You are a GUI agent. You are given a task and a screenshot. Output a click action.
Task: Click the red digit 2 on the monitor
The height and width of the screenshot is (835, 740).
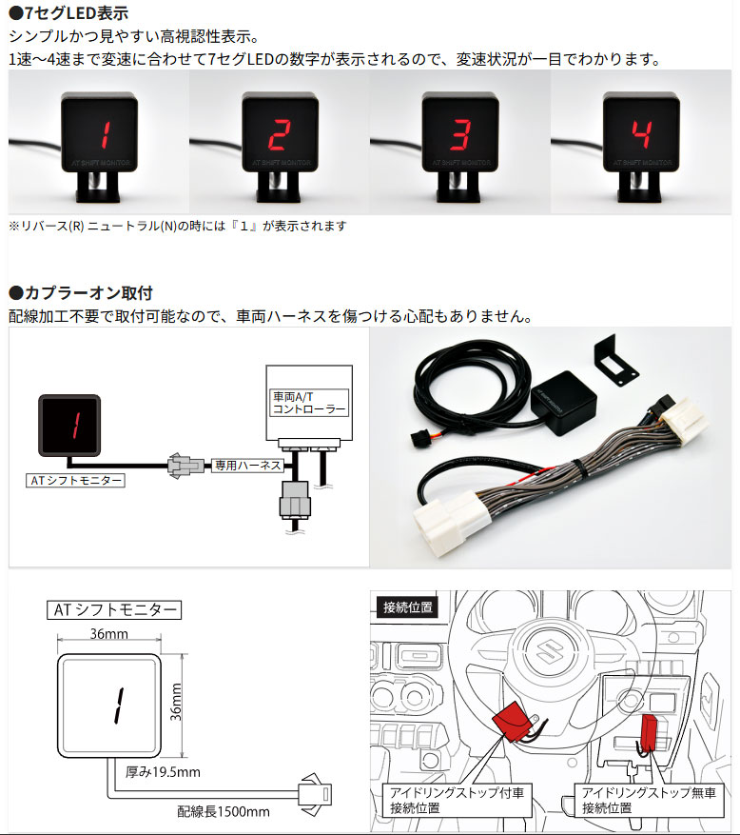[280, 134]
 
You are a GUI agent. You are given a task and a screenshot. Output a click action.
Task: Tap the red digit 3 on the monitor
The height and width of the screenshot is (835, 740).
[460, 134]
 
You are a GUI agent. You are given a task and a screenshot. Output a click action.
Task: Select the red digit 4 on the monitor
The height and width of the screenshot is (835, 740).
[641, 134]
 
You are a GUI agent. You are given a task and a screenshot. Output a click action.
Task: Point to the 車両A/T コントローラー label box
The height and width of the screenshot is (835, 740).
[309, 403]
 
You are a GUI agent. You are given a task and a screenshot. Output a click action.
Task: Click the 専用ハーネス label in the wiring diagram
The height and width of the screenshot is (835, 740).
[247, 465]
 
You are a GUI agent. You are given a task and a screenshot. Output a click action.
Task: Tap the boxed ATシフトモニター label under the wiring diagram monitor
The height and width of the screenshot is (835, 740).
[75, 480]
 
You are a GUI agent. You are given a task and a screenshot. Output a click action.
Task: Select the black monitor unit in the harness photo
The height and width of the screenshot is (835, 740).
[563, 402]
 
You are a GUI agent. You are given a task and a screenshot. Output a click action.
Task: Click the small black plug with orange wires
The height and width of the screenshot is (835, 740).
[420, 440]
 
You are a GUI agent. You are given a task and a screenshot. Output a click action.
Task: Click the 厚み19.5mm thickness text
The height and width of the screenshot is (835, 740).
[163, 771]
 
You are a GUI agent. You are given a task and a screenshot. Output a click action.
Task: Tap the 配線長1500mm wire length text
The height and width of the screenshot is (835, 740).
[224, 811]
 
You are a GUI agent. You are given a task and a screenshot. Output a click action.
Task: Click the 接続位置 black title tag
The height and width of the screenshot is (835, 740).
[407, 607]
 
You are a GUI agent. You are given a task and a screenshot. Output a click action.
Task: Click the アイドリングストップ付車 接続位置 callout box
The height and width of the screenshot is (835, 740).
[457, 801]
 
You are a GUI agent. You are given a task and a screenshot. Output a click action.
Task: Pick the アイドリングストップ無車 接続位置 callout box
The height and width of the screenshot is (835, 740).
[649, 801]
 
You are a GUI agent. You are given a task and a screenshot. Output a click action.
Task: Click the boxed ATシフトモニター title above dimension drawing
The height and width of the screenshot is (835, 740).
[114, 609]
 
